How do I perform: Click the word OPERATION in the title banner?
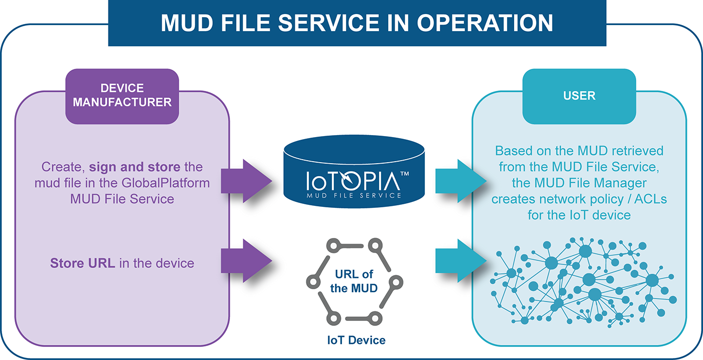pos(485,23)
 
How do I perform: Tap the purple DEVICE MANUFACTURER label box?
pos(122,96)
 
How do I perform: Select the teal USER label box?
pos(579,96)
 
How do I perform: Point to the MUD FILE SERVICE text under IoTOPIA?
pos(354,195)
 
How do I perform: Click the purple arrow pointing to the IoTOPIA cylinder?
pos(247,181)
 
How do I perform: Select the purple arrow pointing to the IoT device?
pos(247,261)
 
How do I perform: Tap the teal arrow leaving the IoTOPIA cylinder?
pos(461,181)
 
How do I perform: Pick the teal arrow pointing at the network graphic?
pos(461,261)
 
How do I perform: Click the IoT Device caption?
pos(356,340)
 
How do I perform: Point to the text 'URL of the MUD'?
pos(354,281)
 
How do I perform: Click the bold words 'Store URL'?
pos(82,263)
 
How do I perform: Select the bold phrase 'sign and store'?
pos(135,167)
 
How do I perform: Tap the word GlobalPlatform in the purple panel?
pos(166,183)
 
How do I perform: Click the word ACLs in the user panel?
pos(651,199)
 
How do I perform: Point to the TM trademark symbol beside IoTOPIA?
pos(405,174)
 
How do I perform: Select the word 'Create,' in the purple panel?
pos(63,167)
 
